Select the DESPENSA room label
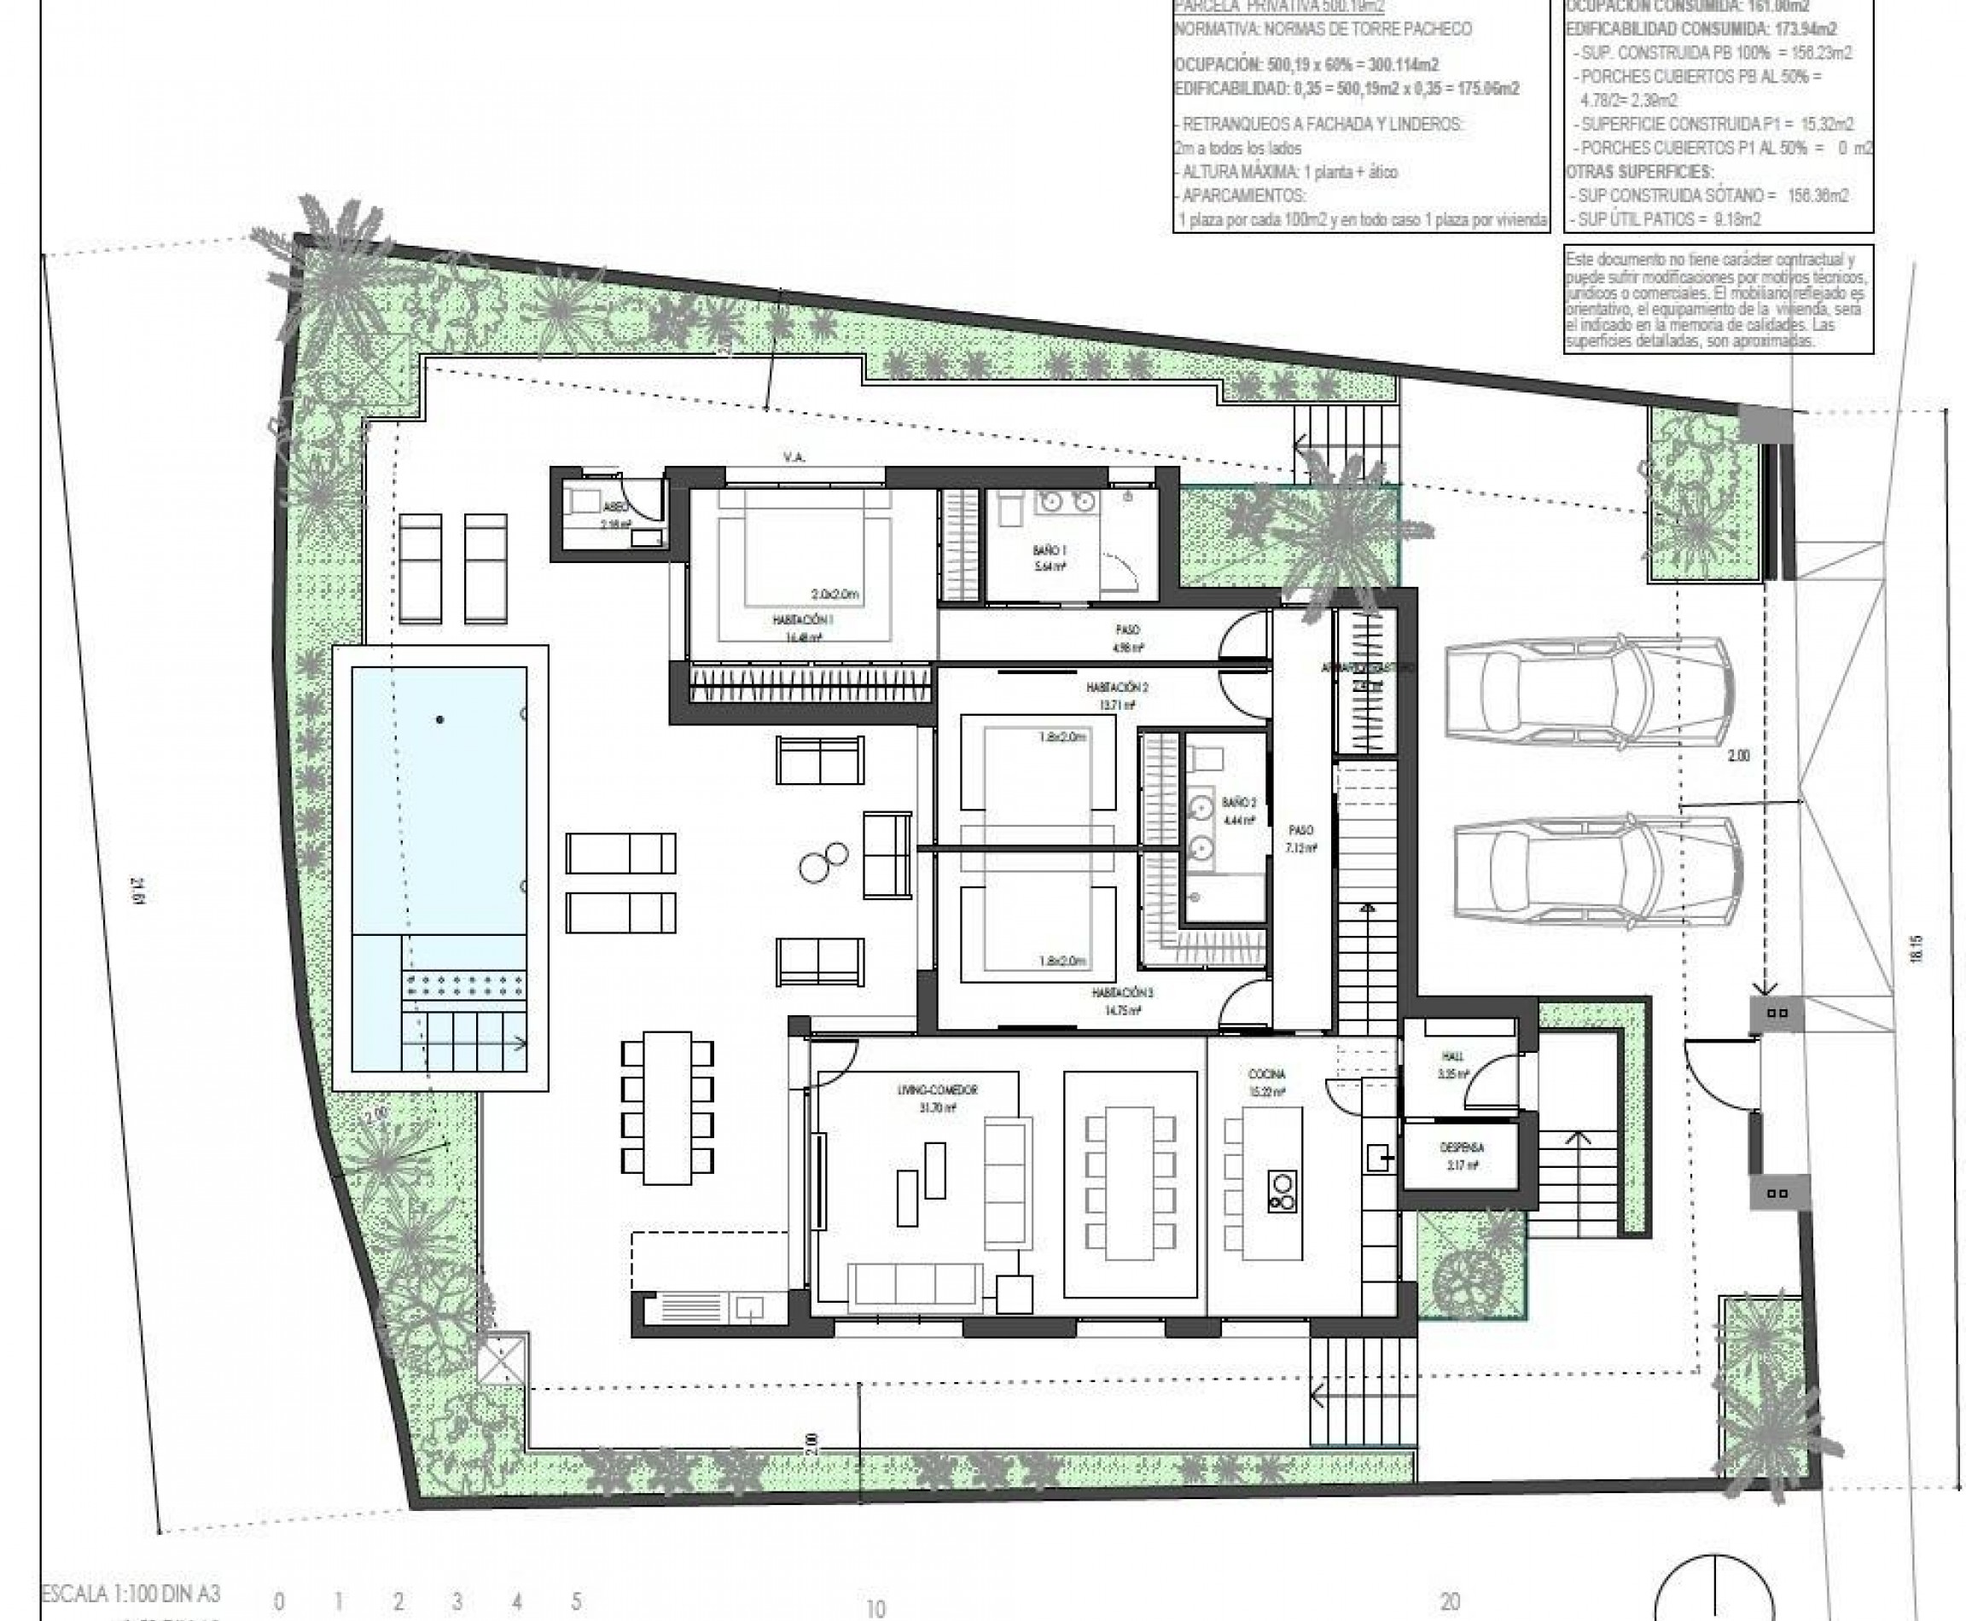(1463, 1147)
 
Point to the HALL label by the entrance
(1452, 1056)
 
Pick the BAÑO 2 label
(1238, 802)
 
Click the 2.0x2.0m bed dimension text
(835, 594)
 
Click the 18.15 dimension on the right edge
(1916, 949)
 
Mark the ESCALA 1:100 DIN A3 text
(131, 1592)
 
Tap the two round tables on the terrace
(823, 862)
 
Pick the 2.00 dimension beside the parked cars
(1737, 755)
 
